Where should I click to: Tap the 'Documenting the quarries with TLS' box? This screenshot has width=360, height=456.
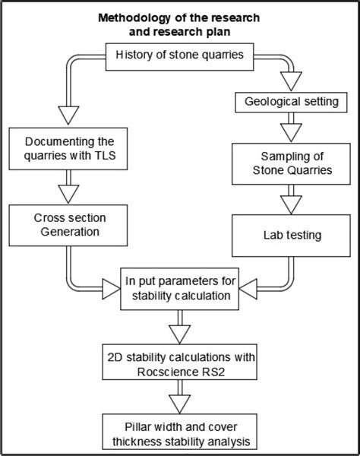pos(65,150)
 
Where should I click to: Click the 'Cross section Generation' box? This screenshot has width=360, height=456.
pos(65,225)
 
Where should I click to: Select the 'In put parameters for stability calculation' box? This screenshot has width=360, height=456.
pos(180,289)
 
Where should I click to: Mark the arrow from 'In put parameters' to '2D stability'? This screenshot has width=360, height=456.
pos(180,328)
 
